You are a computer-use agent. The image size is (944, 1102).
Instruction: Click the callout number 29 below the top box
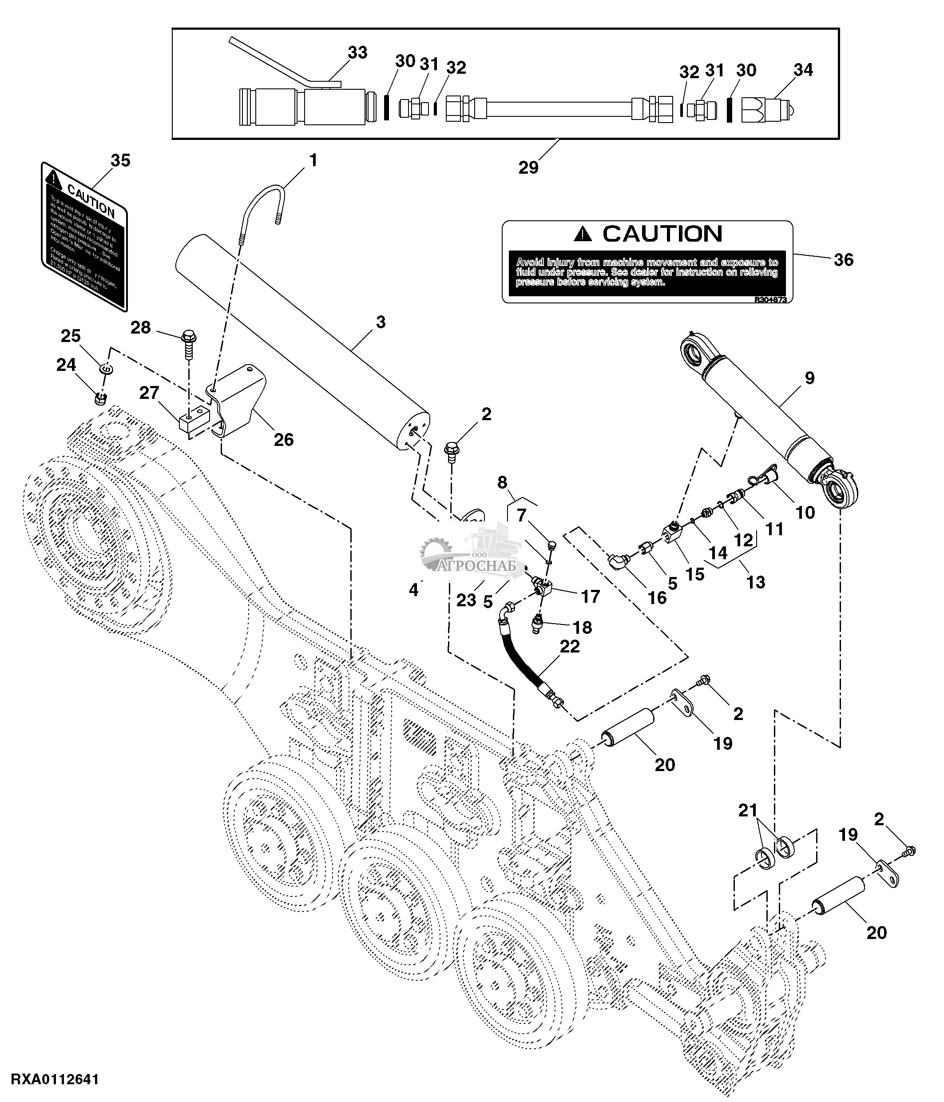[x=528, y=167]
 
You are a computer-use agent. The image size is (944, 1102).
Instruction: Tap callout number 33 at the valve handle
[x=357, y=53]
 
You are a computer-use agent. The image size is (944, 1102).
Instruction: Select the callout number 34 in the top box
[x=803, y=70]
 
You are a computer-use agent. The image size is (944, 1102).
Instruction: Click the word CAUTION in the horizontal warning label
[x=662, y=234]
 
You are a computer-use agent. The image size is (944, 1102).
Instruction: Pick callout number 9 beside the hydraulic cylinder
[x=809, y=378]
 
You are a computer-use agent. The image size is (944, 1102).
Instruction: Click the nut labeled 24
[x=100, y=398]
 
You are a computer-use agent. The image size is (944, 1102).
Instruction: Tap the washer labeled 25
[x=106, y=368]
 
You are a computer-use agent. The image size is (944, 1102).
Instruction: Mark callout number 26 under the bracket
[x=283, y=439]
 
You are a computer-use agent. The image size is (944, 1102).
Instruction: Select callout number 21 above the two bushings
[x=747, y=810]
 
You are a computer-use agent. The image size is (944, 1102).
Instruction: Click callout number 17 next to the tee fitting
[x=590, y=597]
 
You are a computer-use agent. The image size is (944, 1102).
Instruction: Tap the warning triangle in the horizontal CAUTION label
[x=583, y=234]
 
